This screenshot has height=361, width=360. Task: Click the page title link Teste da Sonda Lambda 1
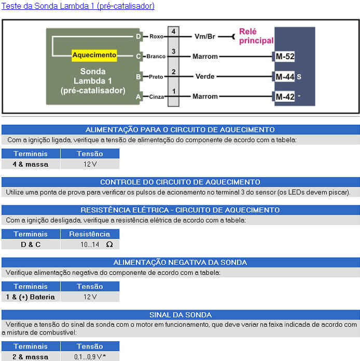(x=78, y=6)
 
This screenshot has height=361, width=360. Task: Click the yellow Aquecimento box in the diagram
(x=94, y=55)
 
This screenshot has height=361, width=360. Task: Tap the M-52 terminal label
(x=285, y=56)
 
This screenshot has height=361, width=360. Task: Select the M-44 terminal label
(x=285, y=76)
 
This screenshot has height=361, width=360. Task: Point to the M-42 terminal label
(x=285, y=97)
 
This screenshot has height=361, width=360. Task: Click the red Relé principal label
(x=256, y=36)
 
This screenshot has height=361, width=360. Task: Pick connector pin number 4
(x=173, y=32)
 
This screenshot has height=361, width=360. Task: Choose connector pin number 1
(x=173, y=91)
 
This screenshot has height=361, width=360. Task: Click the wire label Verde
(x=205, y=76)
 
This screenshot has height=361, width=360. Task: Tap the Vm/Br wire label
(x=205, y=36)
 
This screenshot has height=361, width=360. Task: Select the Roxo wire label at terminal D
(x=156, y=36)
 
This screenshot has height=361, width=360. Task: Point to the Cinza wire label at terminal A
(x=156, y=97)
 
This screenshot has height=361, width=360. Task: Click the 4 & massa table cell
(x=31, y=164)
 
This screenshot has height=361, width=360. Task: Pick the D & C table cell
(x=31, y=244)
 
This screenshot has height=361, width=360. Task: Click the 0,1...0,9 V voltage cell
(x=90, y=357)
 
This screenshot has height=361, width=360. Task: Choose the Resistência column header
(x=90, y=234)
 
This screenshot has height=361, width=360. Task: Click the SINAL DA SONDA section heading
(x=180, y=315)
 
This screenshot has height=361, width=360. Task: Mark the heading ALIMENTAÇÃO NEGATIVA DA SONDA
(x=180, y=262)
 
